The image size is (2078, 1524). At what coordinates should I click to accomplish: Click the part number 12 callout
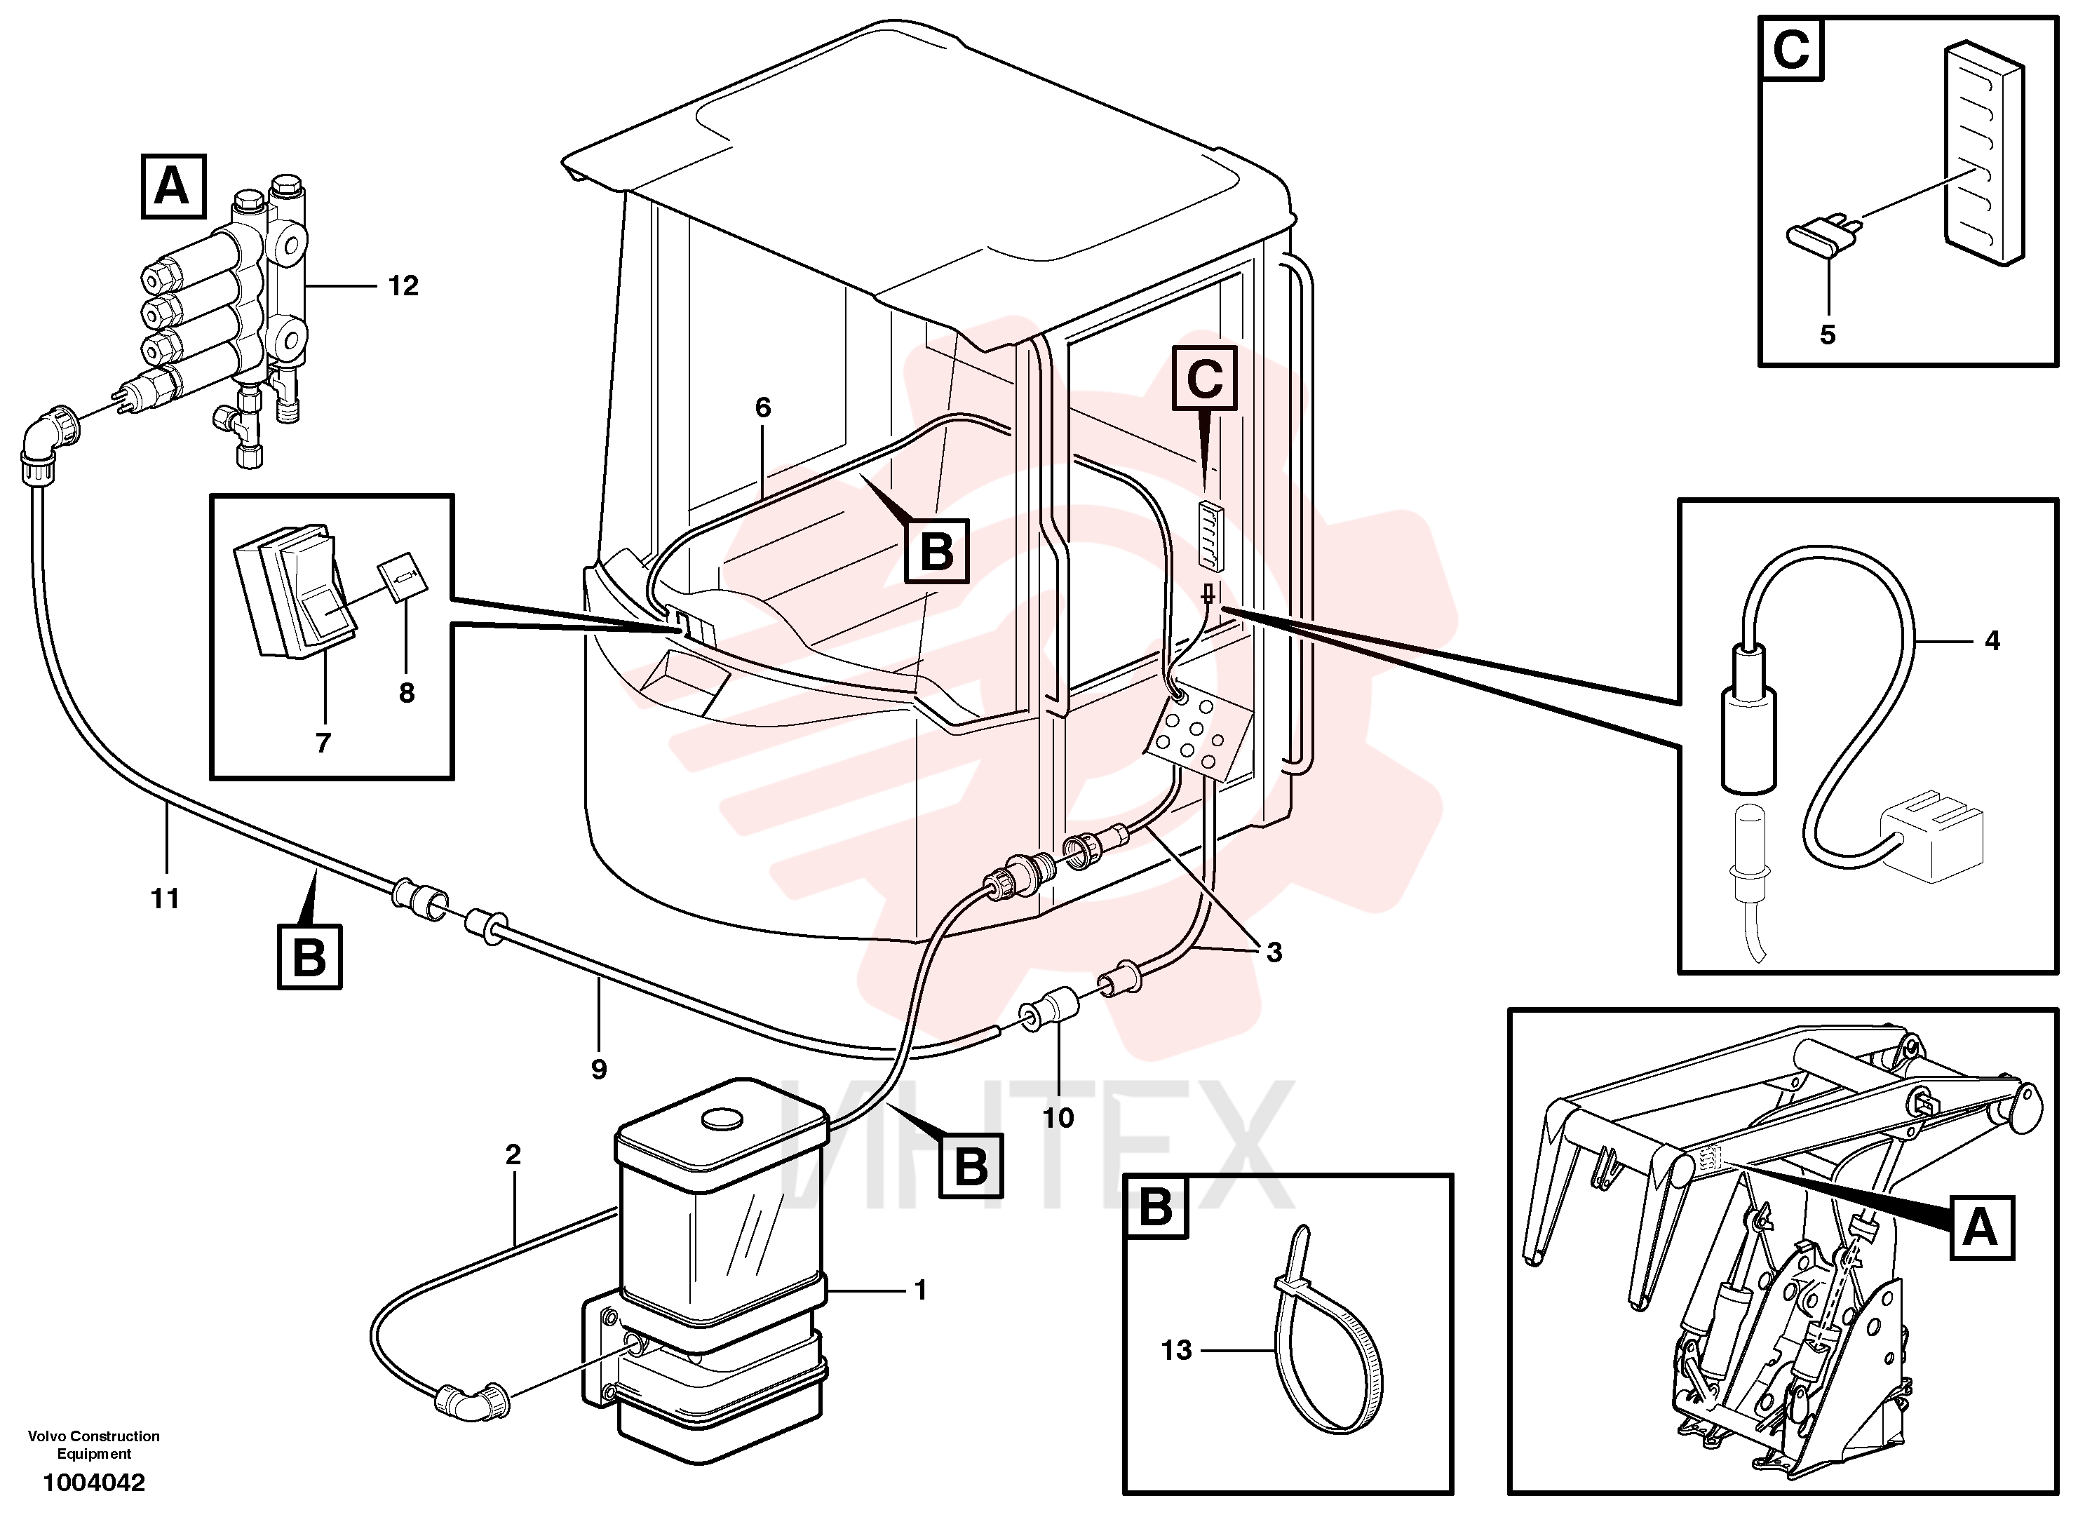(x=403, y=286)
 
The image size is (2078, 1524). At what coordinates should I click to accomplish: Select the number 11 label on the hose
(x=165, y=898)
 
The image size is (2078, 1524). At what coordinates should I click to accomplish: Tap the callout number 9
(x=599, y=1070)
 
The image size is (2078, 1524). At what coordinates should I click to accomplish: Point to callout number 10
(x=1058, y=1118)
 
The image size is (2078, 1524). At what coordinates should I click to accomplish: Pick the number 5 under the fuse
(x=1827, y=334)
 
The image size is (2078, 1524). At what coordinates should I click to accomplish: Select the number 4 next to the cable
(x=1992, y=640)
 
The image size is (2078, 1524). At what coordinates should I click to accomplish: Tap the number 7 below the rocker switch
(x=323, y=742)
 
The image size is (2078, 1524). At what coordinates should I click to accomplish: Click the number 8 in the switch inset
(x=407, y=693)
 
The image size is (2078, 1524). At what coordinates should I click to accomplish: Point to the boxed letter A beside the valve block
(x=173, y=187)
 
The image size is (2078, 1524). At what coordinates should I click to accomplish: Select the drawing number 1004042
(x=93, y=1483)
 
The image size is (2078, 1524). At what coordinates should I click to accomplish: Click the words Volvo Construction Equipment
(x=93, y=1445)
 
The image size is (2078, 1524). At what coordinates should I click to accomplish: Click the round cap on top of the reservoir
(x=720, y=1117)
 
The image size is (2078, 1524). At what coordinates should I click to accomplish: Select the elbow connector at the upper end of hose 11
(x=48, y=442)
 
